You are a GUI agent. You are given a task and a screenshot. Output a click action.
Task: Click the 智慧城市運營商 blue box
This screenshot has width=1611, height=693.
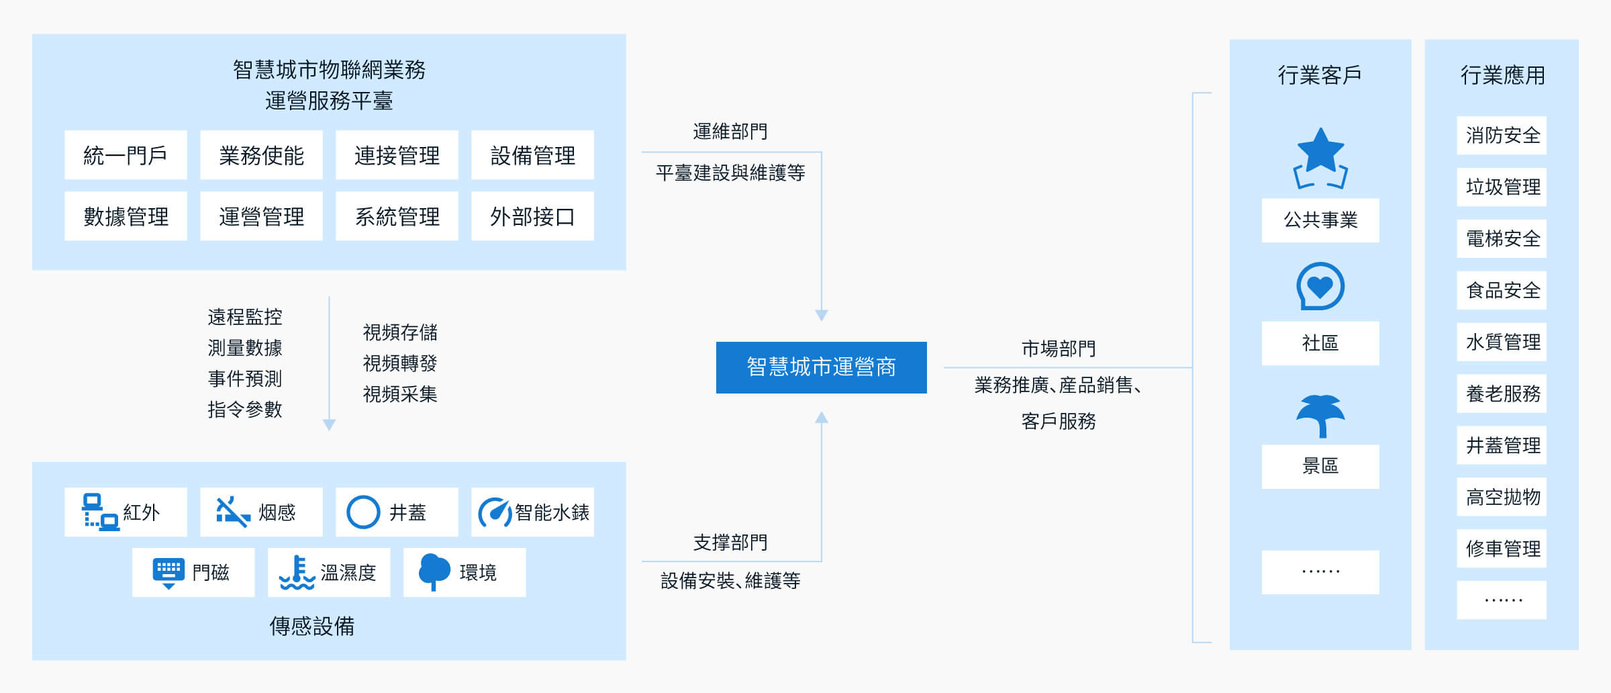(821, 367)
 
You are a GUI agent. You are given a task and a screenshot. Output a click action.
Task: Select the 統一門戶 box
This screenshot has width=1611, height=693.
(126, 155)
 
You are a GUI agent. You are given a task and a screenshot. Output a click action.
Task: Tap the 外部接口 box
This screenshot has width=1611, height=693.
(532, 216)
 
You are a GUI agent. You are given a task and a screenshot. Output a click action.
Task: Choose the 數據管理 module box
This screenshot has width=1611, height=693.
(126, 216)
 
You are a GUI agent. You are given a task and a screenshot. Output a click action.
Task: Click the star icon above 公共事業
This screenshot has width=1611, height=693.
(1320, 158)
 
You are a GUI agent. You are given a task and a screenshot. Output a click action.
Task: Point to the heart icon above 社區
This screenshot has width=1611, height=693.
(1320, 286)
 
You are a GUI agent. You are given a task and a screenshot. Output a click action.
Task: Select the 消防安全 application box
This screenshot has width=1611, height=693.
(1502, 136)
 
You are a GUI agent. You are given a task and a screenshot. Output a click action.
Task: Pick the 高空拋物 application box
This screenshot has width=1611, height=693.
(1502, 497)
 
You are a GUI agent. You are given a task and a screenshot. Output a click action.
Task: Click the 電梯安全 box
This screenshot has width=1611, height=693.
(1502, 238)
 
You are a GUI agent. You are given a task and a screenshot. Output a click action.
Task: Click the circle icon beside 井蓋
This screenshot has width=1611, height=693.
(363, 512)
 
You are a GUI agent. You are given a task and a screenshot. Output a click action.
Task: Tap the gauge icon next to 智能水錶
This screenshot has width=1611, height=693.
(495, 513)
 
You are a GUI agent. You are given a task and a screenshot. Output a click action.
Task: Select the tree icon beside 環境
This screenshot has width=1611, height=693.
(434, 572)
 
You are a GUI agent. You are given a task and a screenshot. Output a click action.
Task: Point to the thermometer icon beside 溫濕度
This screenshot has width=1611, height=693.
(297, 573)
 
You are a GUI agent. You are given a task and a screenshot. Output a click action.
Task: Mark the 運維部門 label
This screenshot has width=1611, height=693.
(730, 132)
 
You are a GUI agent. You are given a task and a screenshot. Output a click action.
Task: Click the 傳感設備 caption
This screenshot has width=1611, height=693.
(312, 626)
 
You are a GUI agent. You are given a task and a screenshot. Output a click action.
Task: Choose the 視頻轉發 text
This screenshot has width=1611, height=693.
(400, 363)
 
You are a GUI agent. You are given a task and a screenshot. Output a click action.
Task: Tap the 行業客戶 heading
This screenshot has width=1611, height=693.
(1320, 75)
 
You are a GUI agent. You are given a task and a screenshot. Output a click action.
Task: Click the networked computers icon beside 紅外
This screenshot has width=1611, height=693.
(101, 512)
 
